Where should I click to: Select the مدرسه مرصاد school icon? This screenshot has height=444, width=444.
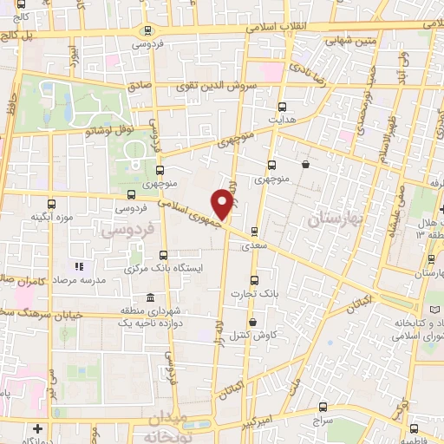point(79,265)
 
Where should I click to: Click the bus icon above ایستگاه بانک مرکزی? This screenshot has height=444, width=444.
point(164,255)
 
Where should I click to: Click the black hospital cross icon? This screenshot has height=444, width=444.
point(37,428)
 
